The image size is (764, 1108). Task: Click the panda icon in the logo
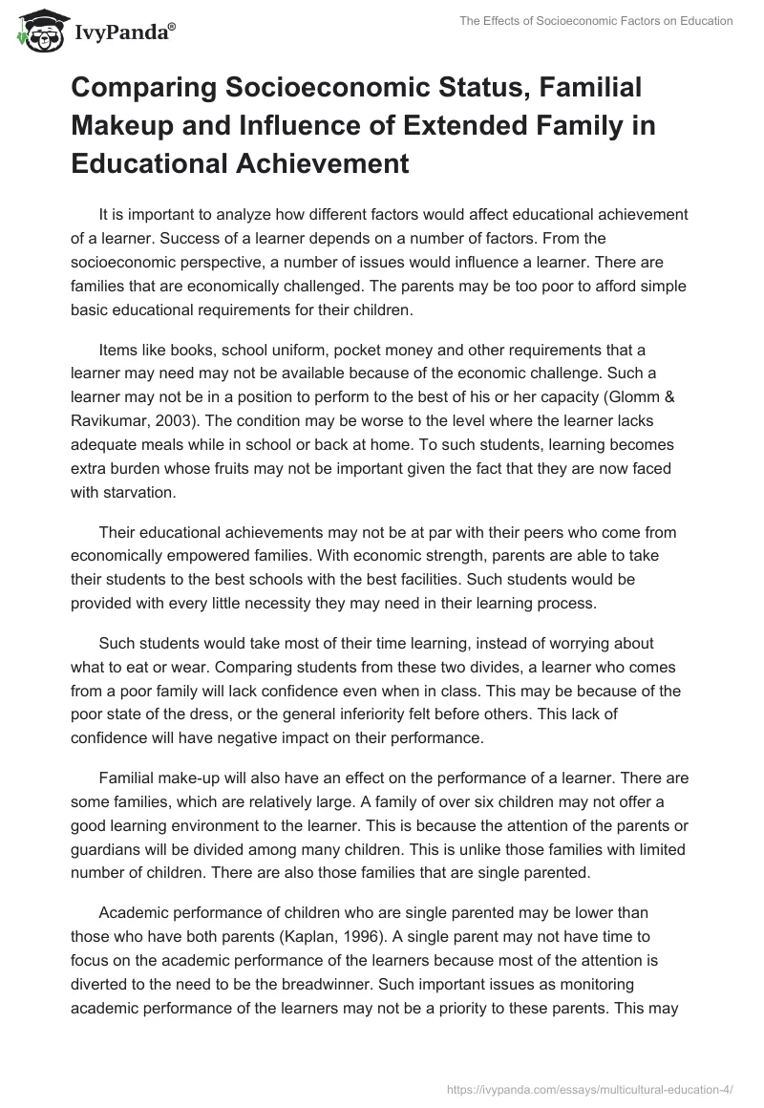[x=38, y=32]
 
